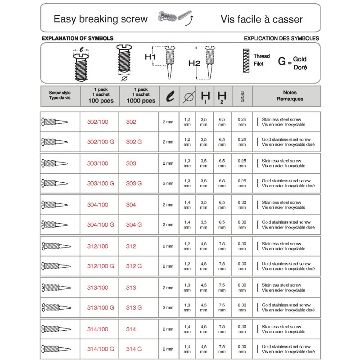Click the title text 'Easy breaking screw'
click(100, 19)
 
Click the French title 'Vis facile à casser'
click(261, 19)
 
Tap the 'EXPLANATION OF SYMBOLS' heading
click(77, 39)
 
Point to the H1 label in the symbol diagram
click(150, 58)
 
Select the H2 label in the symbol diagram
click(194, 63)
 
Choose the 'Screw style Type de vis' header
click(60, 96)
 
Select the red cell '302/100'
click(98, 122)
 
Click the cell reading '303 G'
click(134, 184)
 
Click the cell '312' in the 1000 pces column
click(131, 246)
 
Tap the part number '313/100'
click(98, 288)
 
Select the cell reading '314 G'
click(134, 349)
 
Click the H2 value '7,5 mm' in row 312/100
click(222, 246)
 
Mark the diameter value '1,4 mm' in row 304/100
click(188, 205)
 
